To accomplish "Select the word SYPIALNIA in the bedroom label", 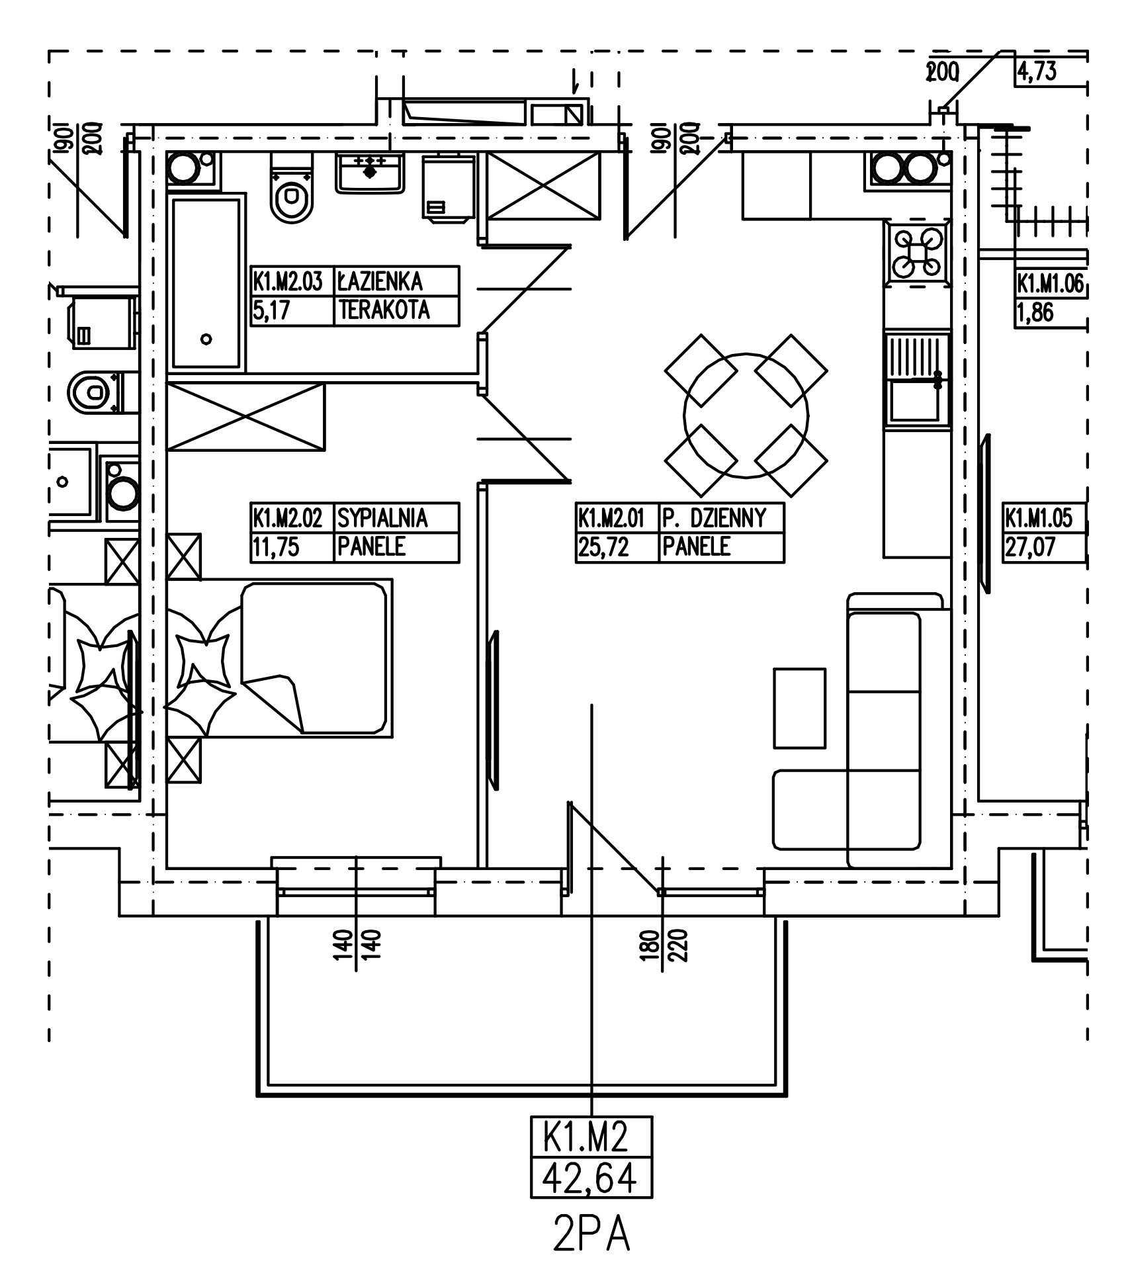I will pos(382,518).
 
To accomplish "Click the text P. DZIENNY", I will pos(714,518).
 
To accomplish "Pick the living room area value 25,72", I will pos(603,547).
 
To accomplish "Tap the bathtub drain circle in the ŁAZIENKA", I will pos(206,339).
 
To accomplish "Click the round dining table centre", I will pos(746,416).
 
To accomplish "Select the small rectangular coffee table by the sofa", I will pos(799,708).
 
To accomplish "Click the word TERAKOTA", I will pos(384,310).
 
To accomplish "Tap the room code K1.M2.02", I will pos(288,518).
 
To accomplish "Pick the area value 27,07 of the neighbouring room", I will pos(1029,548).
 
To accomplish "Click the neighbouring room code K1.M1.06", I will pos(1050,284).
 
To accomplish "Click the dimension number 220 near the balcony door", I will pos(682,946).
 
